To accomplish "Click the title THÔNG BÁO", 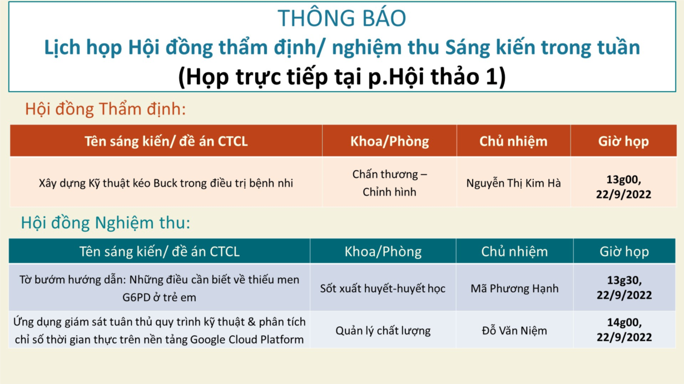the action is tap(341, 18).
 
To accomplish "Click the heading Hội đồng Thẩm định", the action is tap(105, 109).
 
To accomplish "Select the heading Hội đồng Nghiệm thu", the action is tap(105, 222).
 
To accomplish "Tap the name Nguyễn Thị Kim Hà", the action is tap(513, 183).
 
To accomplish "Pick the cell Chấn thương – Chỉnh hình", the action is tap(389, 183).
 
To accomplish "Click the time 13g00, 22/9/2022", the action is tap(623, 187).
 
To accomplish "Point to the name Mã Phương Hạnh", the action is tap(514, 288).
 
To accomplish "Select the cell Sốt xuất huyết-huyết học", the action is tap(383, 288).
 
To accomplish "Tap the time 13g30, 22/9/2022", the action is tap(624, 287).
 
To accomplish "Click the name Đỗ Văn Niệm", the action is tap(514, 331).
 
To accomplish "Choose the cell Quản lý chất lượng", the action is tap(383, 331).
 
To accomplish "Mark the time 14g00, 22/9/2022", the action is tap(624, 330).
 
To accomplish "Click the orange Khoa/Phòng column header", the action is tap(389, 141).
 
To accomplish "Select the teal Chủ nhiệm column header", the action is tap(514, 252).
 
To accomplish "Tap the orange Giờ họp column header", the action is tap(623, 141).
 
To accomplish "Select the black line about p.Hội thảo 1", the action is tap(341, 76).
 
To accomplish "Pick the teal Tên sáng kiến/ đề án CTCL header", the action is tap(160, 252).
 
